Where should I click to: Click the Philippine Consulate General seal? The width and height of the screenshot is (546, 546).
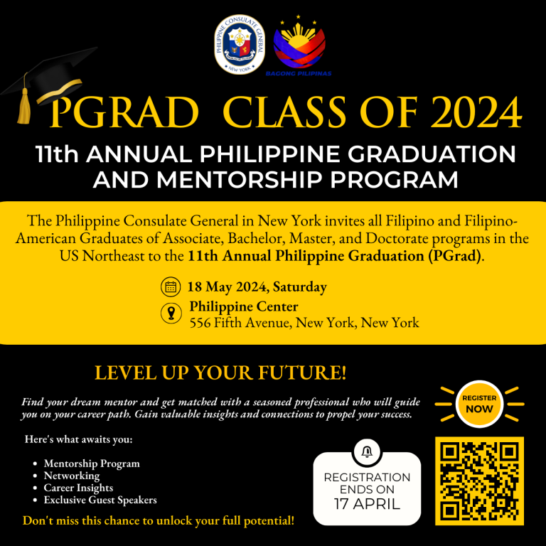click(x=239, y=44)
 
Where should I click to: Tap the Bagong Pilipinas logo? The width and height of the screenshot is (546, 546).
click(x=299, y=45)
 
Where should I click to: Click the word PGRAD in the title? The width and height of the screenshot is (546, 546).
click(x=124, y=112)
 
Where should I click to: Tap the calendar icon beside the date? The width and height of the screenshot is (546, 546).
click(x=171, y=287)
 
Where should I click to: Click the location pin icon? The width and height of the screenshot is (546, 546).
click(x=171, y=313)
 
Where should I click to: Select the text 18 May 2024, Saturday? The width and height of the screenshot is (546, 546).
click(x=257, y=287)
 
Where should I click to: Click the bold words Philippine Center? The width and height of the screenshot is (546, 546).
click(x=244, y=306)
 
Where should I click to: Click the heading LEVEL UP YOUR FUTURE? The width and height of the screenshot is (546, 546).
click(x=221, y=373)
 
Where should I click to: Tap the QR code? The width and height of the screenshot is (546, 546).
click(x=479, y=481)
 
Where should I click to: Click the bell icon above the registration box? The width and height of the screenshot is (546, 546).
click(x=367, y=452)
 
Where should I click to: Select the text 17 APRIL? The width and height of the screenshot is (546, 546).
click(x=367, y=504)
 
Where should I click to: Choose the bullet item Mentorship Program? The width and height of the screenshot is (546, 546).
click(x=92, y=464)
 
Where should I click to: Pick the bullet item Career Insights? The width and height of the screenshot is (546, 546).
click(x=78, y=488)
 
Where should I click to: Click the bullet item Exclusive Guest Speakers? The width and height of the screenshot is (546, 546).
click(x=100, y=500)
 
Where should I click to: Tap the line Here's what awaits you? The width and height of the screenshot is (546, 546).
click(x=79, y=439)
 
